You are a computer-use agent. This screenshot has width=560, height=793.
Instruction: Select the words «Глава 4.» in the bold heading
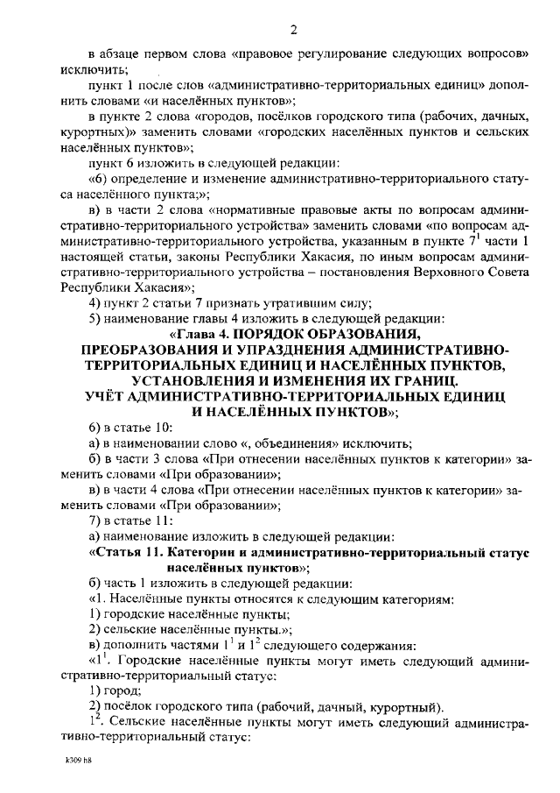[x=193, y=334]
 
